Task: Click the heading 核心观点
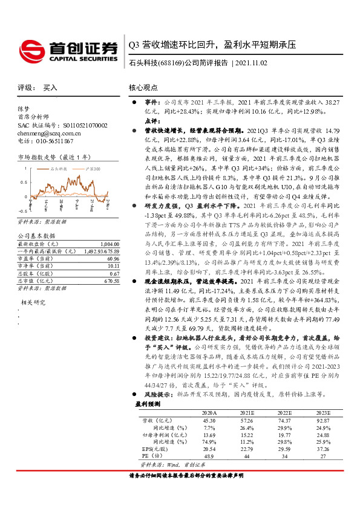[x=143, y=88]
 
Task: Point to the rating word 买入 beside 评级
[x=50, y=88]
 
